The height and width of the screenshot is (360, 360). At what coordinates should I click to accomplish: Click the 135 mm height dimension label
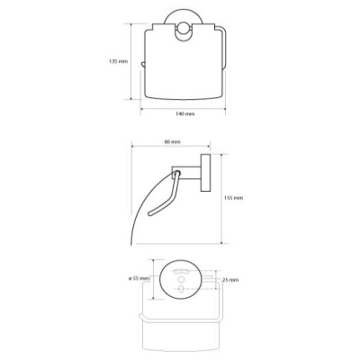[x=118, y=61]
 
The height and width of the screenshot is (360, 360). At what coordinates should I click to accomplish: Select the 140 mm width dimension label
[x=184, y=113]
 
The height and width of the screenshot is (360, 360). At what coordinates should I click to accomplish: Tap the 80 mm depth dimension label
[x=172, y=142]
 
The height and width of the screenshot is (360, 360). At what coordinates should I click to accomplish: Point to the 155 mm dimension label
[x=234, y=198]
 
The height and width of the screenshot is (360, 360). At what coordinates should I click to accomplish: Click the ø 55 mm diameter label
[x=139, y=278]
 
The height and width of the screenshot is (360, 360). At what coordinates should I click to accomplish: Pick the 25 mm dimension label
[x=230, y=280]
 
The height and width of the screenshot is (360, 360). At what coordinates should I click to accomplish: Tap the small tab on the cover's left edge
[x=143, y=64]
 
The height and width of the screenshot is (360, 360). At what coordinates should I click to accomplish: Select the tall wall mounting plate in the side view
[x=205, y=174]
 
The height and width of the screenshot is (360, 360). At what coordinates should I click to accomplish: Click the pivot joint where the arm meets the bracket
[x=177, y=173]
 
